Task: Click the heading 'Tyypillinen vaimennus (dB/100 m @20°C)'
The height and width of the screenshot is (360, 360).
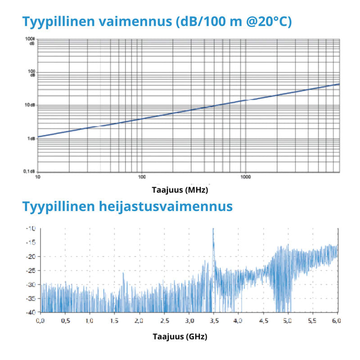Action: (157, 21)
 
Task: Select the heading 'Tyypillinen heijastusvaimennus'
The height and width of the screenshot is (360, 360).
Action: (127, 207)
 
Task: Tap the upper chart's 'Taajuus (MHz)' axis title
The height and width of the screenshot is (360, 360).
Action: (180, 190)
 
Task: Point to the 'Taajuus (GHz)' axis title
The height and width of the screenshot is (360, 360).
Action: (180, 336)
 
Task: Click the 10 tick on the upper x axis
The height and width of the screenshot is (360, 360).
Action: (38, 177)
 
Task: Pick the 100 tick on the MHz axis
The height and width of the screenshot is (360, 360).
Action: (142, 177)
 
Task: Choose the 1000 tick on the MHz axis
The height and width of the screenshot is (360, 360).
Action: (245, 177)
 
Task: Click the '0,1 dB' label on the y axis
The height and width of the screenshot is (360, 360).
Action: (30, 171)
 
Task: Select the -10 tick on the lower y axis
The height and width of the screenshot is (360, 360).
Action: (31, 229)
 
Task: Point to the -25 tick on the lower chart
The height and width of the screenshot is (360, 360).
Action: (31, 270)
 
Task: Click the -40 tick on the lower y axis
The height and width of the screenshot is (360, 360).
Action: (31, 312)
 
